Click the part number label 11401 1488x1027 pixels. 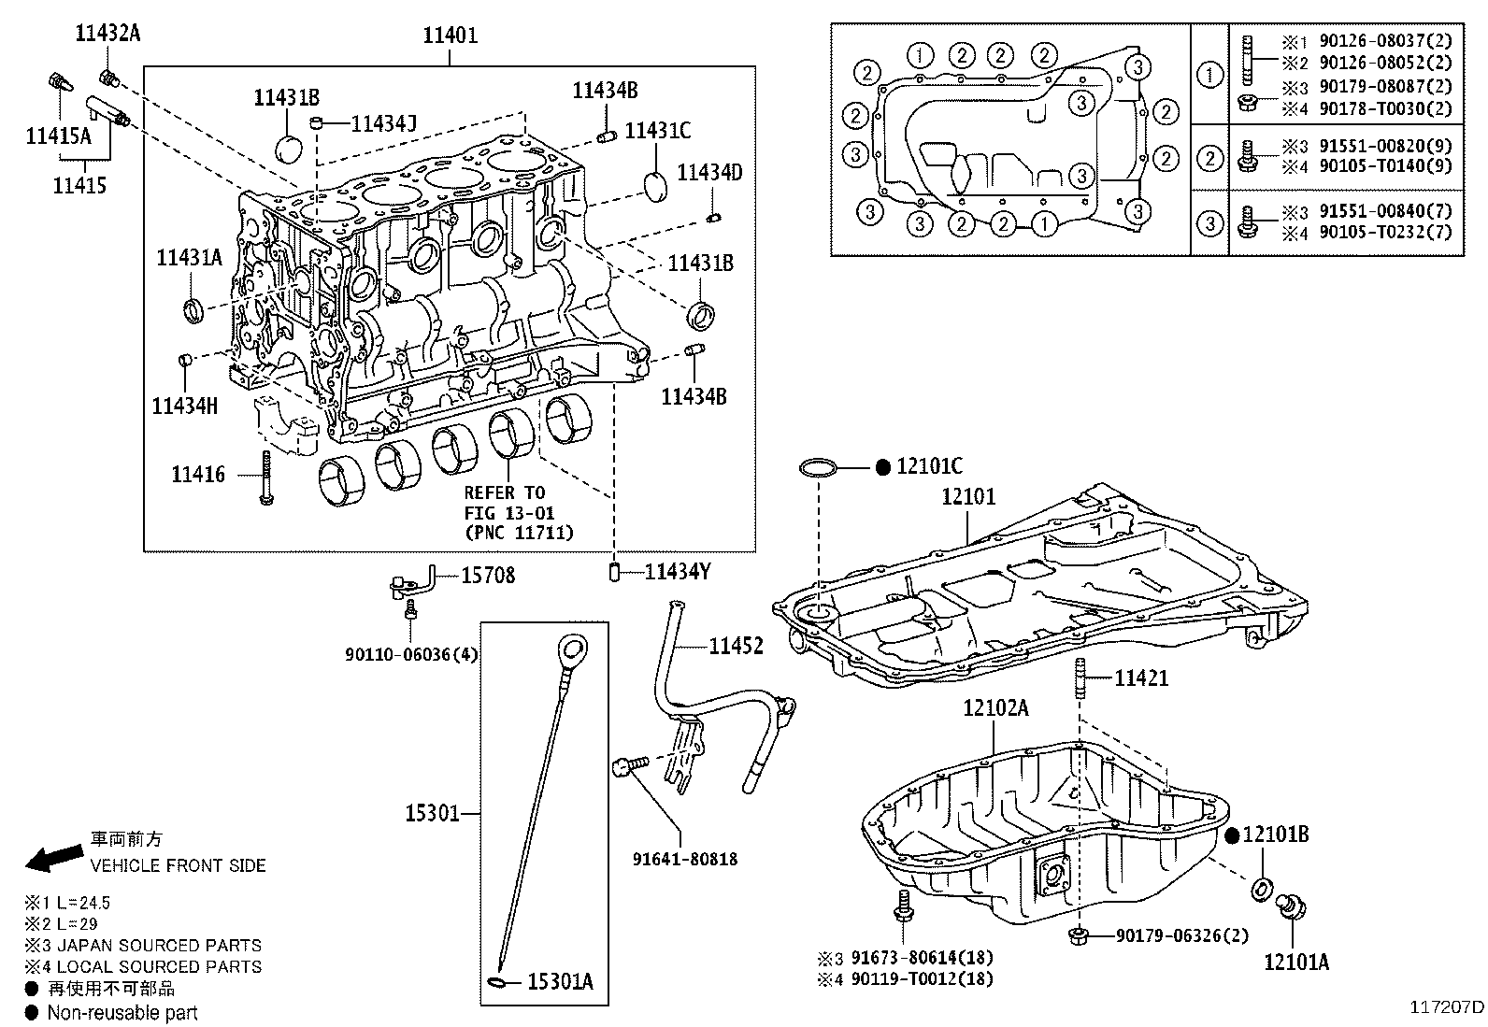(x=450, y=36)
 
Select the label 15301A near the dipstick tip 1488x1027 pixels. (x=560, y=981)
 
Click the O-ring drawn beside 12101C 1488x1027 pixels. (x=819, y=467)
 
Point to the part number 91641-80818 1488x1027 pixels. (x=684, y=858)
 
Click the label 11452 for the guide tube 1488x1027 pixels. (x=736, y=646)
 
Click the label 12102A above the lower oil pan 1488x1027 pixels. (x=995, y=708)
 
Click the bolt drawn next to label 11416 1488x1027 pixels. (x=266, y=478)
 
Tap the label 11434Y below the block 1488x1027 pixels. (x=678, y=572)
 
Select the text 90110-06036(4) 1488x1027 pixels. (x=411, y=655)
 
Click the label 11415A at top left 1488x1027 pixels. (x=58, y=137)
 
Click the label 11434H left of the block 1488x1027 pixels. (x=185, y=405)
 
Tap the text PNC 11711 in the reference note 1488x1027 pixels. (x=519, y=533)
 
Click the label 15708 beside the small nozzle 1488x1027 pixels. (x=487, y=575)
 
